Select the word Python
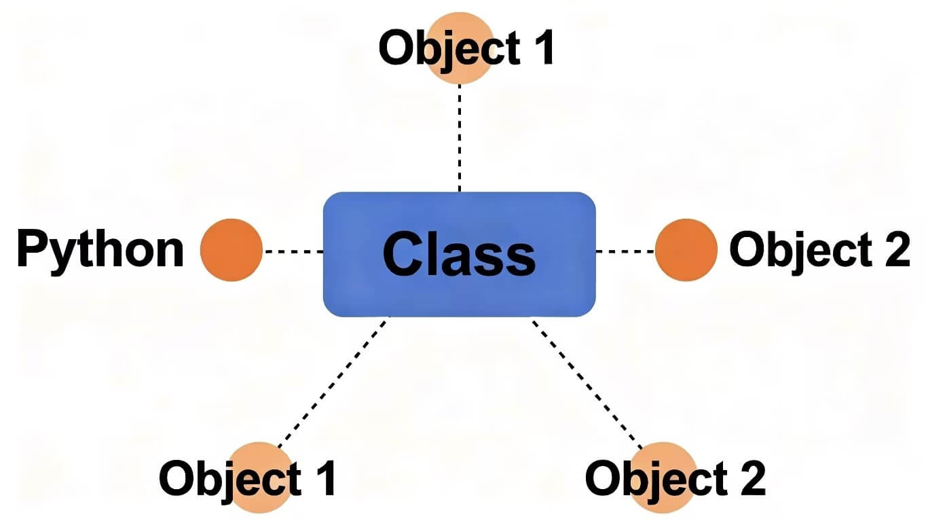click(x=100, y=250)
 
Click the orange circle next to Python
click(x=231, y=250)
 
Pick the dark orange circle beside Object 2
click(x=686, y=250)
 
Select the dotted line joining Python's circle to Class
click(x=293, y=251)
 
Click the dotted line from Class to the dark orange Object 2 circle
click(x=625, y=251)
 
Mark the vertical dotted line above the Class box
click(x=460, y=136)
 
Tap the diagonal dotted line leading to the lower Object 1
click(x=333, y=380)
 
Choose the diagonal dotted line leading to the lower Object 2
click(x=588, y=380)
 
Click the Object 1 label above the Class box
click(x=467, y=49)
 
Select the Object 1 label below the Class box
click(x=247, y=478)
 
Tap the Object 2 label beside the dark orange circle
click(x=819, y=250)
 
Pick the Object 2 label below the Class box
click(x=675, y=478)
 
